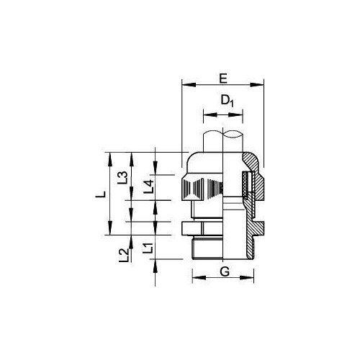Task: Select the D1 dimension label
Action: tap(228, 102)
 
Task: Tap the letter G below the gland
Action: tap(224, 271)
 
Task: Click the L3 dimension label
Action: tap(123, 176)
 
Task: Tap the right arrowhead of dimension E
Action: tap(263, 85)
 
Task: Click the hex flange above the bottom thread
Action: tap(204, 229)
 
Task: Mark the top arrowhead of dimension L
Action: tap(108, 155)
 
